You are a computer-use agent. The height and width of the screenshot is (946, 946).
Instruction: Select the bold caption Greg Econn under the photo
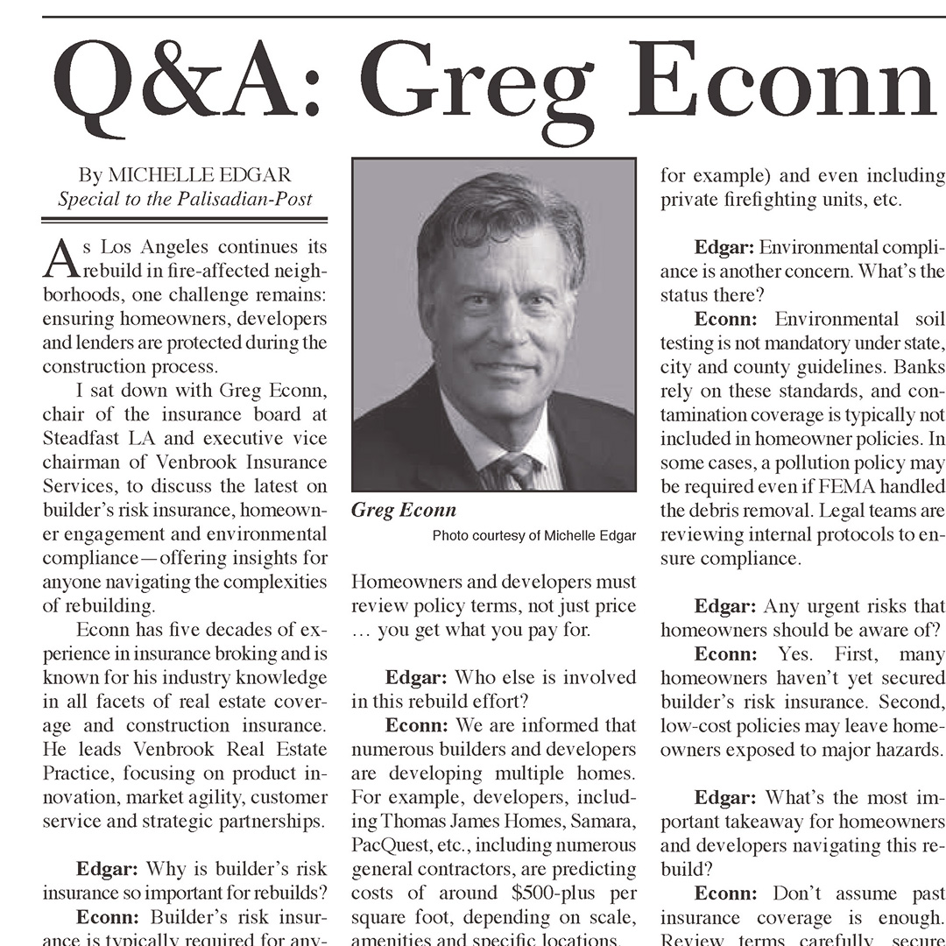404,510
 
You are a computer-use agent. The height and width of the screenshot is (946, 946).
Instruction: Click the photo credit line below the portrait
533,535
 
